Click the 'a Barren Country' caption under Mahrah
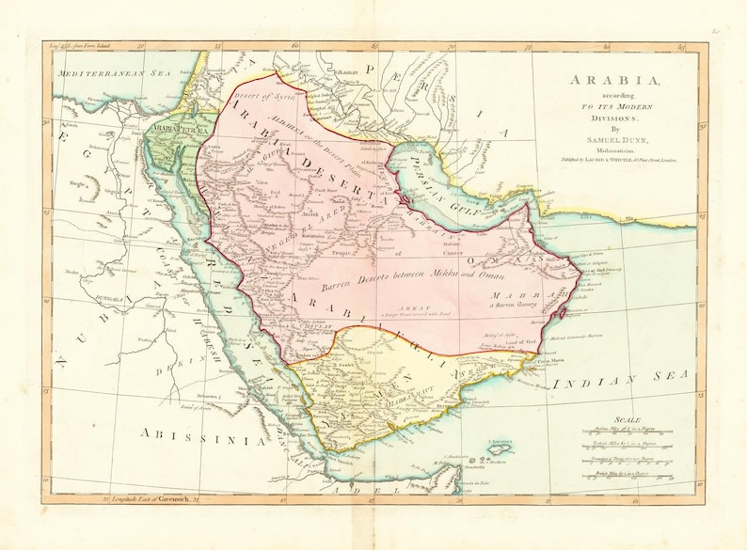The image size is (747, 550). tap(517, 303)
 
